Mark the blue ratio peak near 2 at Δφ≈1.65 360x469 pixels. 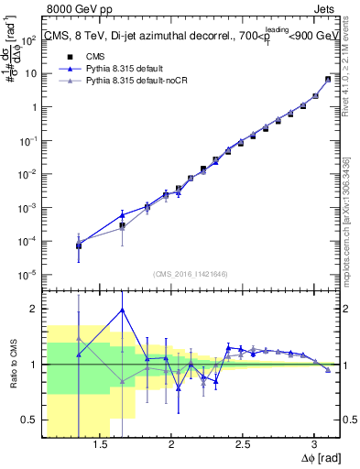point(122,310)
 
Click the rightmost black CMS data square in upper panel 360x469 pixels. point(328,80)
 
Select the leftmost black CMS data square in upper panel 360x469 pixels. point(79,245)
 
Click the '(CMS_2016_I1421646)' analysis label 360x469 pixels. point(191,273)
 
